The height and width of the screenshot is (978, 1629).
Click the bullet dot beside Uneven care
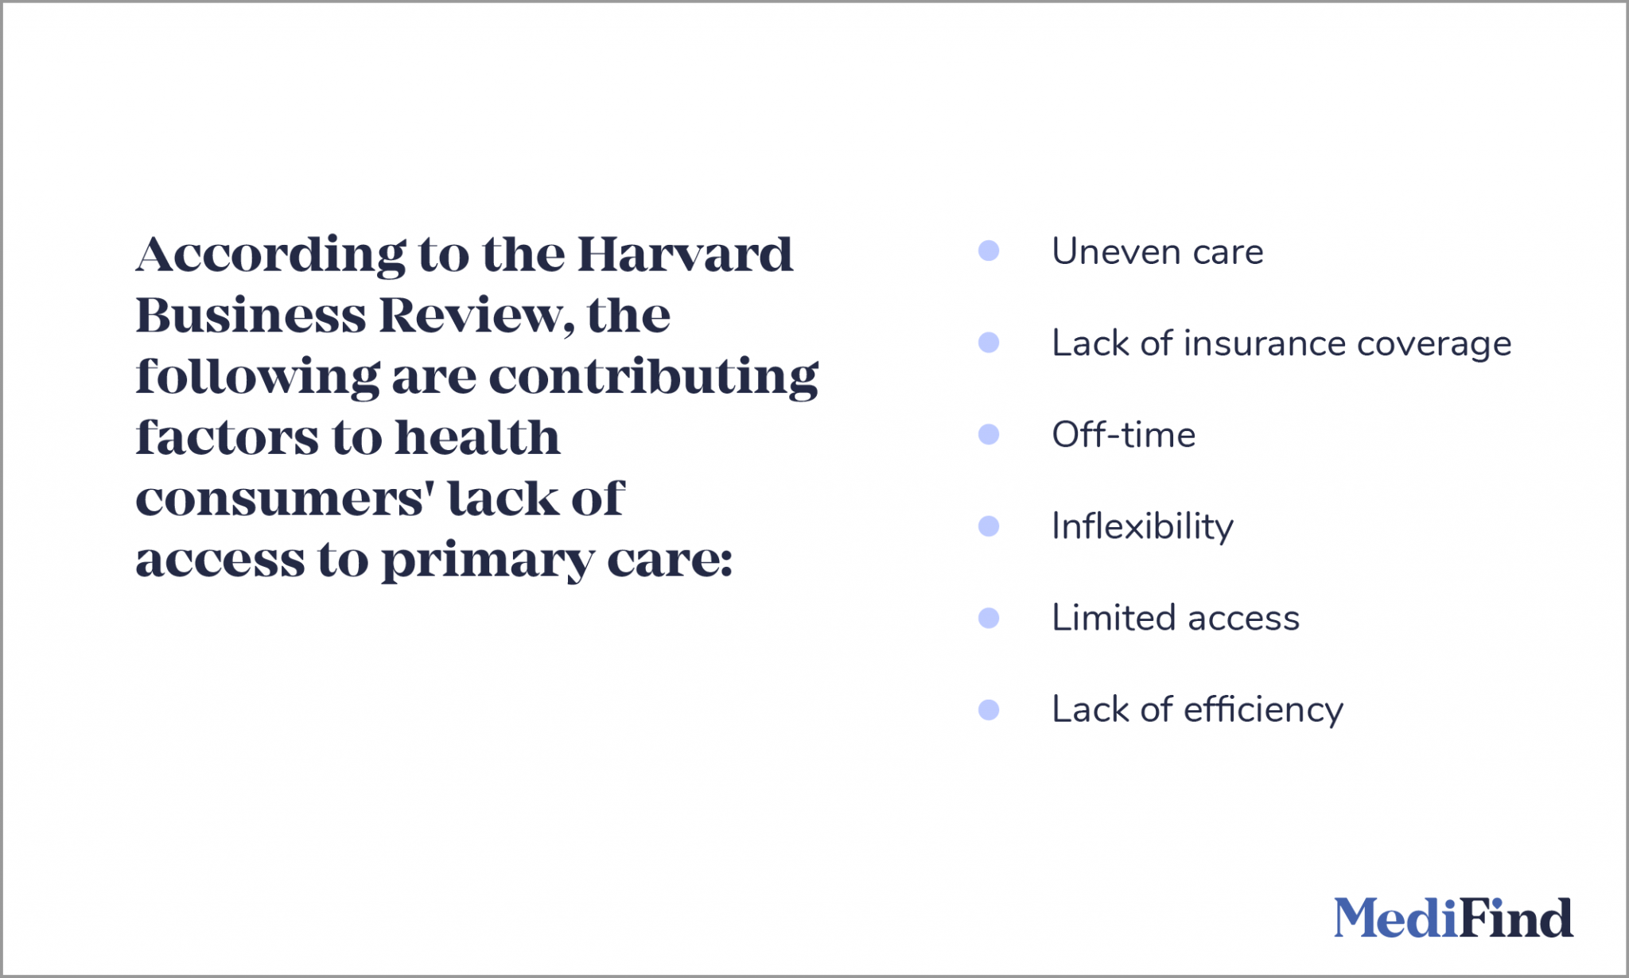coord(989,251)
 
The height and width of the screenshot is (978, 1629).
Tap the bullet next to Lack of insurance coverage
coord(989,343)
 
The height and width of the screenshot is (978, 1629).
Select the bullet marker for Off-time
coord(989,434)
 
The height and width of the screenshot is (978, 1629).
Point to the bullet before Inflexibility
coord(989,526)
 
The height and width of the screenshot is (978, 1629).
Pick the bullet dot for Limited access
coord(989,618)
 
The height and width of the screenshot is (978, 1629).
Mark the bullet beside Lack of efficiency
coord(989,709)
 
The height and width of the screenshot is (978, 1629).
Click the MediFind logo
coord(1452,918)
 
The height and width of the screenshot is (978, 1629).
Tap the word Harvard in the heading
coord(685,254)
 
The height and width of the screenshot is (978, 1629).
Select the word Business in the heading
coord(251,316)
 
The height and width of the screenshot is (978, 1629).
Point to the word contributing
coord(653,377)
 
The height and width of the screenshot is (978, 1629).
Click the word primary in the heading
coord(488,561)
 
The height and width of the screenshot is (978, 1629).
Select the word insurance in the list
coord(1265,343)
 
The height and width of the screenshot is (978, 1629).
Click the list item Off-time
coord(1123,435)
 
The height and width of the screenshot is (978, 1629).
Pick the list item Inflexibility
coord(1142,527)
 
